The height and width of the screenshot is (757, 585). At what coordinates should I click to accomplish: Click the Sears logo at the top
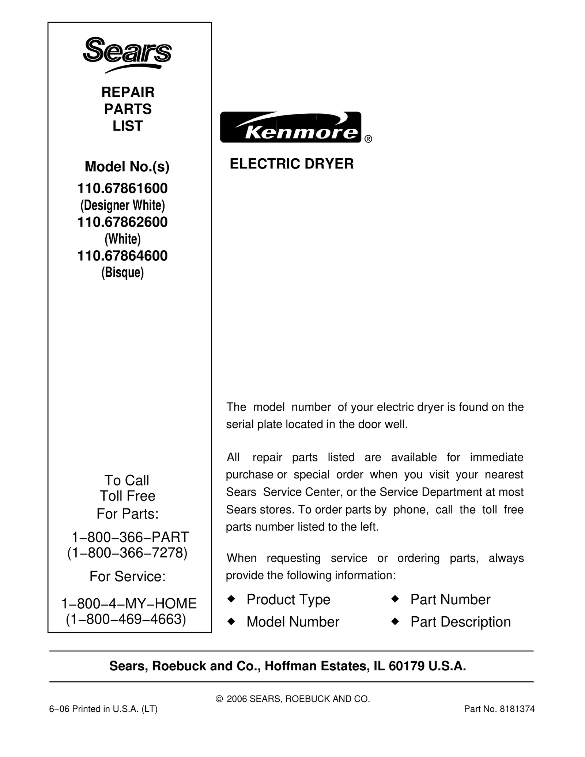[x=127, y=54]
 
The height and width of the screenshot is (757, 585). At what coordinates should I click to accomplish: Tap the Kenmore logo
[x=291, y=127]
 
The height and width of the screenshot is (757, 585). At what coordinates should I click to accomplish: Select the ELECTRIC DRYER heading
[x=291, y=164]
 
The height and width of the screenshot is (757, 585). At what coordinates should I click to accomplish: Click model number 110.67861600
[x=122, y=189]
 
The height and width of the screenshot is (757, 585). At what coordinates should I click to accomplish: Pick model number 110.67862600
[x=122, y=222]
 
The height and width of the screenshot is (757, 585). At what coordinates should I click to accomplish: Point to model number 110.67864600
[x=122, y=256]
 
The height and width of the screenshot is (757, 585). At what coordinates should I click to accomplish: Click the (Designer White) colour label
[x=122, y=205]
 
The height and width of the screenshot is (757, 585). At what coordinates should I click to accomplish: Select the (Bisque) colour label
[x=122, y=273]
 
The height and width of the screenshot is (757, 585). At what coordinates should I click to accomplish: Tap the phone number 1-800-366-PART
[x=130, y=537]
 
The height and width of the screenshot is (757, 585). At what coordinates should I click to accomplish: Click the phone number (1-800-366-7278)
[x=127, y=553]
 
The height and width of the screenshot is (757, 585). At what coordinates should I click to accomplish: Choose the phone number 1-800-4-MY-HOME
[x=129, y=603]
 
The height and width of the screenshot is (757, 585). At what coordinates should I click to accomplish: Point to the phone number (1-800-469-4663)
[x=126, y=619]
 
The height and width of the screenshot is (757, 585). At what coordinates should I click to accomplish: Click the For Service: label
[x=128, y=576]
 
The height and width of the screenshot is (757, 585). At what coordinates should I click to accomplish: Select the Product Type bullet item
[x=288, y=599]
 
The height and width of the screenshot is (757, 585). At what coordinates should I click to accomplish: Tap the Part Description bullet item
[x=460, y=622]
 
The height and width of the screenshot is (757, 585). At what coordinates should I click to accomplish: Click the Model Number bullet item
[x=293, y=622]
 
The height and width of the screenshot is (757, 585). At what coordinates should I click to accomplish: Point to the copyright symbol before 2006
[x=219, y=699]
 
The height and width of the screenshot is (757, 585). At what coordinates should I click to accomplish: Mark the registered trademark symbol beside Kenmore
[x=368, y=139]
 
